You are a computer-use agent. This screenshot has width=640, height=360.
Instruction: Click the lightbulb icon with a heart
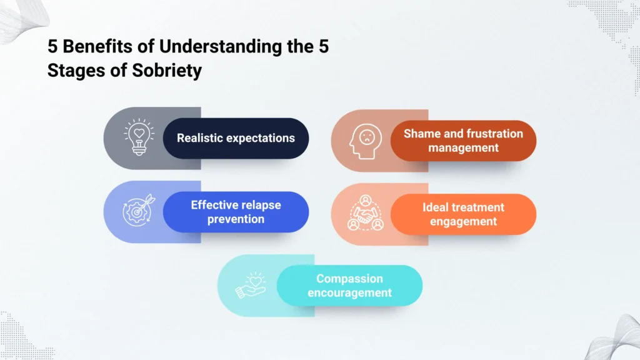pos(138,137)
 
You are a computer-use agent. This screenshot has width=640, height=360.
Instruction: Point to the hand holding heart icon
pos(251,285)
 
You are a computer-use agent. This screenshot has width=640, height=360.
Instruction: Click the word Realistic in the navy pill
pos(199,137)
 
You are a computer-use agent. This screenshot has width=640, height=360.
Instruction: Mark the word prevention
pos(236,219)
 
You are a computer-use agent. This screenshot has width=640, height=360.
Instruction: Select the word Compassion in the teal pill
pos(349,279)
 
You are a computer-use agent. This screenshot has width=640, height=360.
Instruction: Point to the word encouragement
pos(349,293)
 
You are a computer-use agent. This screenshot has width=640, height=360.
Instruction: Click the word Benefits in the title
pos(88,47)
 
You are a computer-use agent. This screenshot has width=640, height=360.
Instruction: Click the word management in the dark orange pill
pos(463,148)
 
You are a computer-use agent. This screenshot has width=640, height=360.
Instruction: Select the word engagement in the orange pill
pos(463,222)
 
